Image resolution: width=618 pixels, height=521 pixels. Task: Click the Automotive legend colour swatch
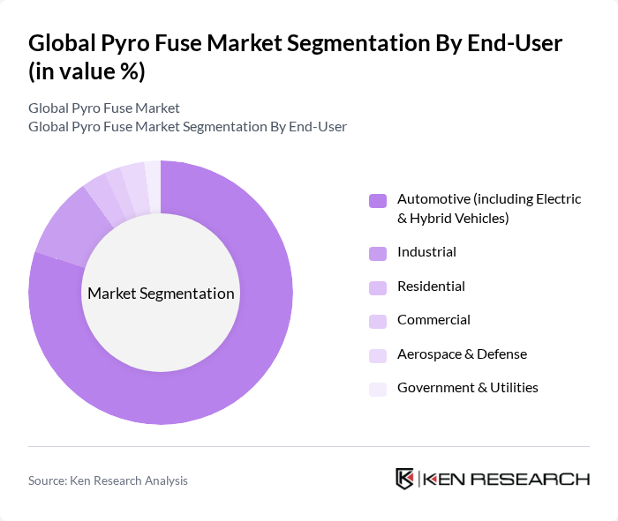pyautogui.click(x=378, y=200)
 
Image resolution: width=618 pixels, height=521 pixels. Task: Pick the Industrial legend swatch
pyautogui.click(x=378, y=254)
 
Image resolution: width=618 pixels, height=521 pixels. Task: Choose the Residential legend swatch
pyautogui.click(x=378, y=287)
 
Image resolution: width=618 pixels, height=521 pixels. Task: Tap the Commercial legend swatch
pyautogui.click(x=378, y=321)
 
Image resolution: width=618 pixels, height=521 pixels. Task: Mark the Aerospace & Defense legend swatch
pyautogui.click(x=378, y=355)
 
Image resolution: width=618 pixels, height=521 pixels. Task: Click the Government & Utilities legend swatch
pyautogui.click(x=378, y=389)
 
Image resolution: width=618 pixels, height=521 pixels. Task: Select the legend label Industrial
pyautogui.click(x=426, y=252)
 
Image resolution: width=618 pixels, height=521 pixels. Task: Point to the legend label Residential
pyautogui.click(x=431, y=287)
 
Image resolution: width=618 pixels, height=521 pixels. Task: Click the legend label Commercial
pyautogui.click(x=433, y=320)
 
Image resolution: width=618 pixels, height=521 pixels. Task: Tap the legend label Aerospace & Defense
pyautogui.click(x=462, y=354)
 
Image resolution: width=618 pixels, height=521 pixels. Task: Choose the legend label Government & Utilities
pyautogui.click(x=468, y=388)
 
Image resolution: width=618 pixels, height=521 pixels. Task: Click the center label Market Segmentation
pyautogui.click(x=161, y=294)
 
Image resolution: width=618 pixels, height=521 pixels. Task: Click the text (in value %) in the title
pyautogui.click(x=87, y=71)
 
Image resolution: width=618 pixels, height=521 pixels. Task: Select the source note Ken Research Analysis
pyautogui.click(x=108, y=480)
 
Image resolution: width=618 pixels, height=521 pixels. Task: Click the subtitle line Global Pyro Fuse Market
pyautogui.click(x=104, y=108)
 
